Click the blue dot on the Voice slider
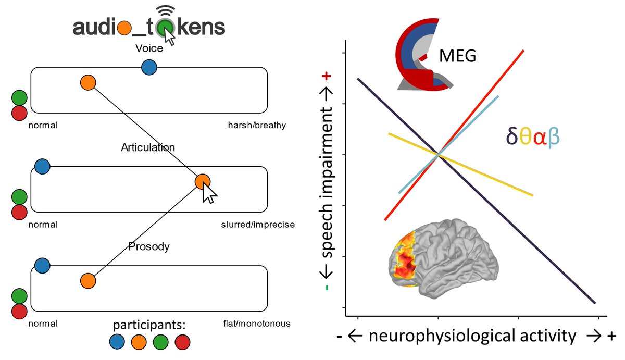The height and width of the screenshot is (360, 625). (x=149, y=67)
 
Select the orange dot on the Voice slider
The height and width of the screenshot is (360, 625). (x=88, y=82)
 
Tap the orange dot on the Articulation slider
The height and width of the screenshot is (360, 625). (x=202, y=181)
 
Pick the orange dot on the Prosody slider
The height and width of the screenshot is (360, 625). (x=88, y=281)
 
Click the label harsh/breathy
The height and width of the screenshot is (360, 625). (x=257, y=126)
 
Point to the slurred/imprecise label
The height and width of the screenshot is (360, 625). (x=258, y=225)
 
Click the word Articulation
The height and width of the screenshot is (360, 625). (x=148, y=147)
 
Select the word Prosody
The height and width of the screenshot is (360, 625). (x=149, y=246)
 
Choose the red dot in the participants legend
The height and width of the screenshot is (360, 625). (x=183, y=342)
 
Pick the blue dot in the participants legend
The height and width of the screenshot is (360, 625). (x=118, y=342)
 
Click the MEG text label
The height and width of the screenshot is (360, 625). (x=458, y=56)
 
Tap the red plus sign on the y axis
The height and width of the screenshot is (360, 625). (x=327, y=76)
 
